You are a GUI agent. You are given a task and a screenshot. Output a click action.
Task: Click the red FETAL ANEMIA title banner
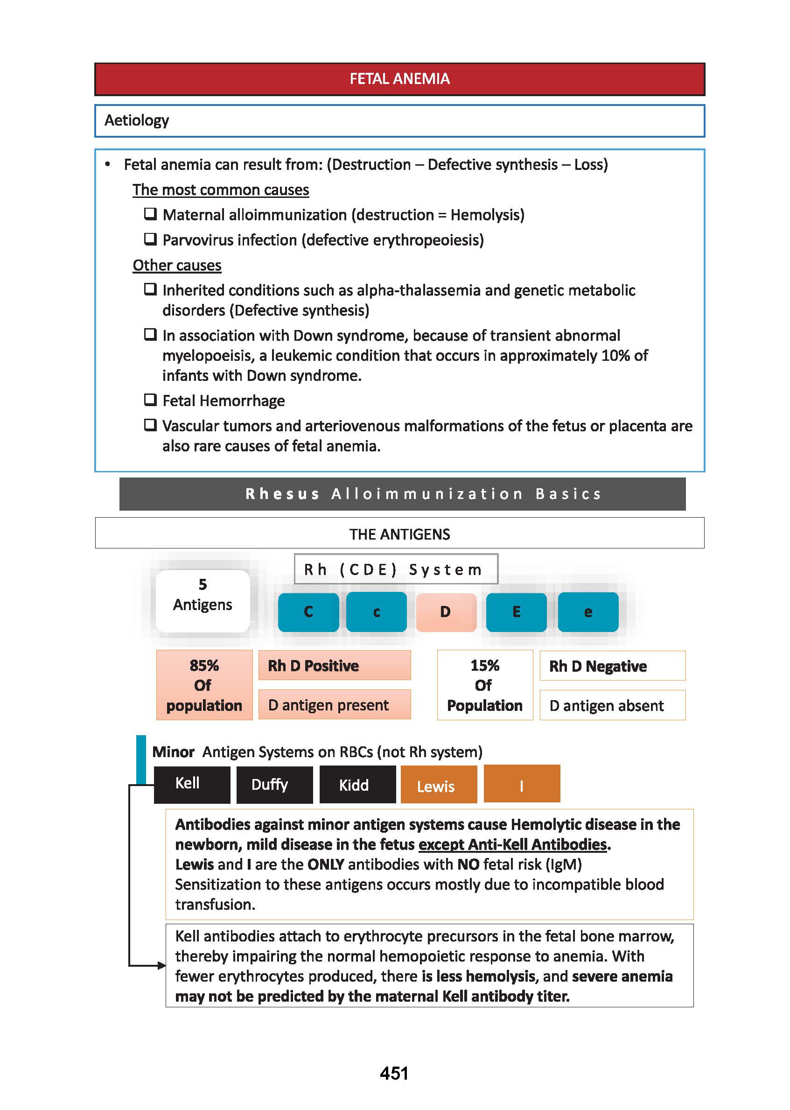399,79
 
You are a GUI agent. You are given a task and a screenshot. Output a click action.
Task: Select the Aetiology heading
137,120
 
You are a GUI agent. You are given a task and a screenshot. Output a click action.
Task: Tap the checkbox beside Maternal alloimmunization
150,214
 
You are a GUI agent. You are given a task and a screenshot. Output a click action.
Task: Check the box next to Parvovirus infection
150,239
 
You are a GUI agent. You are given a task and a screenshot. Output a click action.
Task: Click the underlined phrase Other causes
176,265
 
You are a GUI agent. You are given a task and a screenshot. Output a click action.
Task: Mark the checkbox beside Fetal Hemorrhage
150,400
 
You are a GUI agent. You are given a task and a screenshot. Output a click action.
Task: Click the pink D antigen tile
446,611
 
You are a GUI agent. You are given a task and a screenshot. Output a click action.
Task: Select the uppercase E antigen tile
516,611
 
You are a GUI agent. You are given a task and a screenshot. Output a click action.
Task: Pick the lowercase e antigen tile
587,611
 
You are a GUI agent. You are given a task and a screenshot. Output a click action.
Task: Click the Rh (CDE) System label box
396,569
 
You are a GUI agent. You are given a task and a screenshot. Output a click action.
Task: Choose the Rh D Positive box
334,665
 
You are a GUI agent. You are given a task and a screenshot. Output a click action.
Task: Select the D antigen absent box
612,705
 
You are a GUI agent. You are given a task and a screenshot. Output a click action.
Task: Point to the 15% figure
484,665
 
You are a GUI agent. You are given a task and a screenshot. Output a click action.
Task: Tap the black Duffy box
274,785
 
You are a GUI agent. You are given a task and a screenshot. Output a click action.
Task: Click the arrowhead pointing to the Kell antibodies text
162,965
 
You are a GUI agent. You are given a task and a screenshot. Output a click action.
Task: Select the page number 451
394,1073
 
